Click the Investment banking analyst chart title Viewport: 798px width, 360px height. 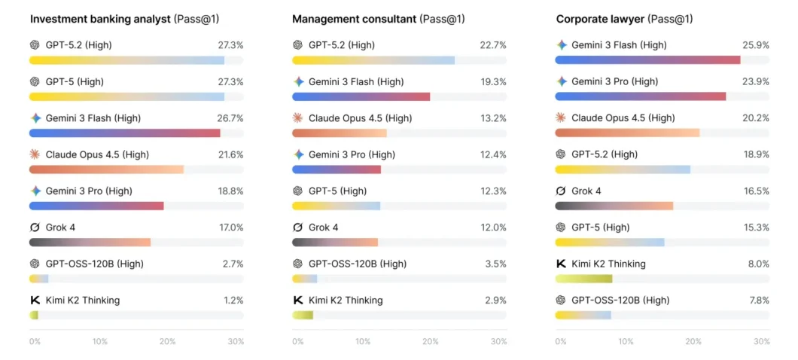tap(100, 19)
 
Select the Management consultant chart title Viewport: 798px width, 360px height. tap(354, 19)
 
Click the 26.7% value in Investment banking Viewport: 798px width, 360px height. tap(230, 118)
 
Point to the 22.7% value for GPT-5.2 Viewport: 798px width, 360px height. tap(493, 45)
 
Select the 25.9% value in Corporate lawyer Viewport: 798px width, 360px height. tap(756, 45)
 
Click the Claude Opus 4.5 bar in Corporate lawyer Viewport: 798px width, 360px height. tap(627, 133)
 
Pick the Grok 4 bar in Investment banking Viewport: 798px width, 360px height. tap(90, 243)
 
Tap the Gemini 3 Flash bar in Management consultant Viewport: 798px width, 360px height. tap(361, 96)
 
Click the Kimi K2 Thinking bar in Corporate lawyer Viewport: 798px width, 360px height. tap(583, 279)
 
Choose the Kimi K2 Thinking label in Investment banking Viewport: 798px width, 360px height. tap(82, 301)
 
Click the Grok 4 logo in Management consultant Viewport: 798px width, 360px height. tap(298, 227)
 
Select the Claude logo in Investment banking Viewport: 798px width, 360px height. tap(35, 154)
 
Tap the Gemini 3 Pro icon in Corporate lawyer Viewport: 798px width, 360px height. tap(561, 81)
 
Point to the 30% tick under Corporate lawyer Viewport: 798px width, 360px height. tap(762, 341)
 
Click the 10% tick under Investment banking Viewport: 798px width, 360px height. tap(100, 341)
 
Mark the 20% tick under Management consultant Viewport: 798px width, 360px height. tap(431, 341)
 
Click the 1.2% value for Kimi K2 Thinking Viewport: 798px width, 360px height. tap(233, 301)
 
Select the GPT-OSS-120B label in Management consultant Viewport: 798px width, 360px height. tap(357, 264)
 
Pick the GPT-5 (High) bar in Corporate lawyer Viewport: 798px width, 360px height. tap(610, 243)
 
